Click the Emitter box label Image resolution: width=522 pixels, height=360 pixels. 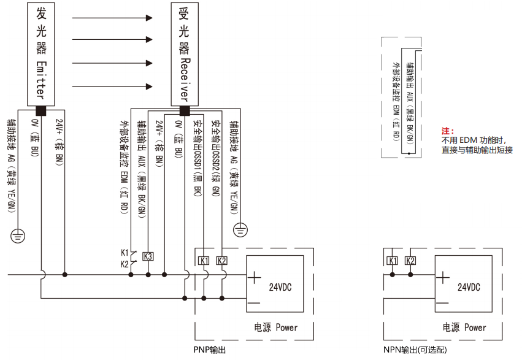[x=41, y=53]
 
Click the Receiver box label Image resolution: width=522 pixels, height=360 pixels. [x=184, y=53]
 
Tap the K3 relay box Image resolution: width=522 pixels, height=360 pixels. [x=148, y=256]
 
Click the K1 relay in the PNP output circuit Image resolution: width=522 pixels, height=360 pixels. [x=204, y=261]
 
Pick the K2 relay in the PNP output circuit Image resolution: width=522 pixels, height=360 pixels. [x=222, y=261]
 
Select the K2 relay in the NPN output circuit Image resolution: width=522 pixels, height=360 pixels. [x=410, y=261]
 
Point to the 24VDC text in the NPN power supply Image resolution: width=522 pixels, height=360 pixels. [x=469, y=287]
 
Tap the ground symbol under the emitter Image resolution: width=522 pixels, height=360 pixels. [x=18, y=234]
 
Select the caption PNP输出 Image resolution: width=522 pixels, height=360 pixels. [x=210, y=350]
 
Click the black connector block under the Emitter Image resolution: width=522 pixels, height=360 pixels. [x=41, y=111]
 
